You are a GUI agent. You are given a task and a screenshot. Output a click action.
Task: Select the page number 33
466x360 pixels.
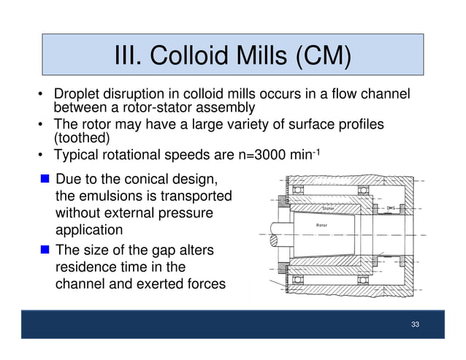point(415,323)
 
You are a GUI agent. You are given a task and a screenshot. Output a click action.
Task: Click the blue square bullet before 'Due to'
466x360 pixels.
point(45,179)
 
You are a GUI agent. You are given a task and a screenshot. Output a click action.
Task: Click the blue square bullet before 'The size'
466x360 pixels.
point(45,250)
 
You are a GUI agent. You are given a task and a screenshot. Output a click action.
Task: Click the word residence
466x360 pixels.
point(86,267)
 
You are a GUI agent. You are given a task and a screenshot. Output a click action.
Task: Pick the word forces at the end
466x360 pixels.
point(201,285)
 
